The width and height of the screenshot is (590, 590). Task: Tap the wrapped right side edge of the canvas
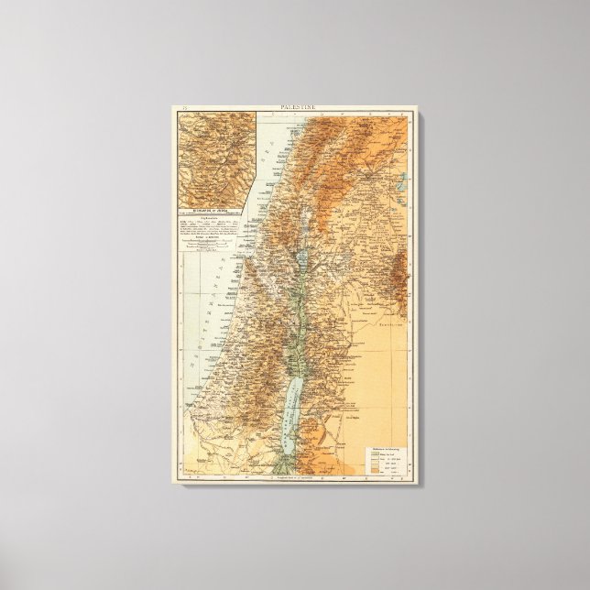coord(414,293)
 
